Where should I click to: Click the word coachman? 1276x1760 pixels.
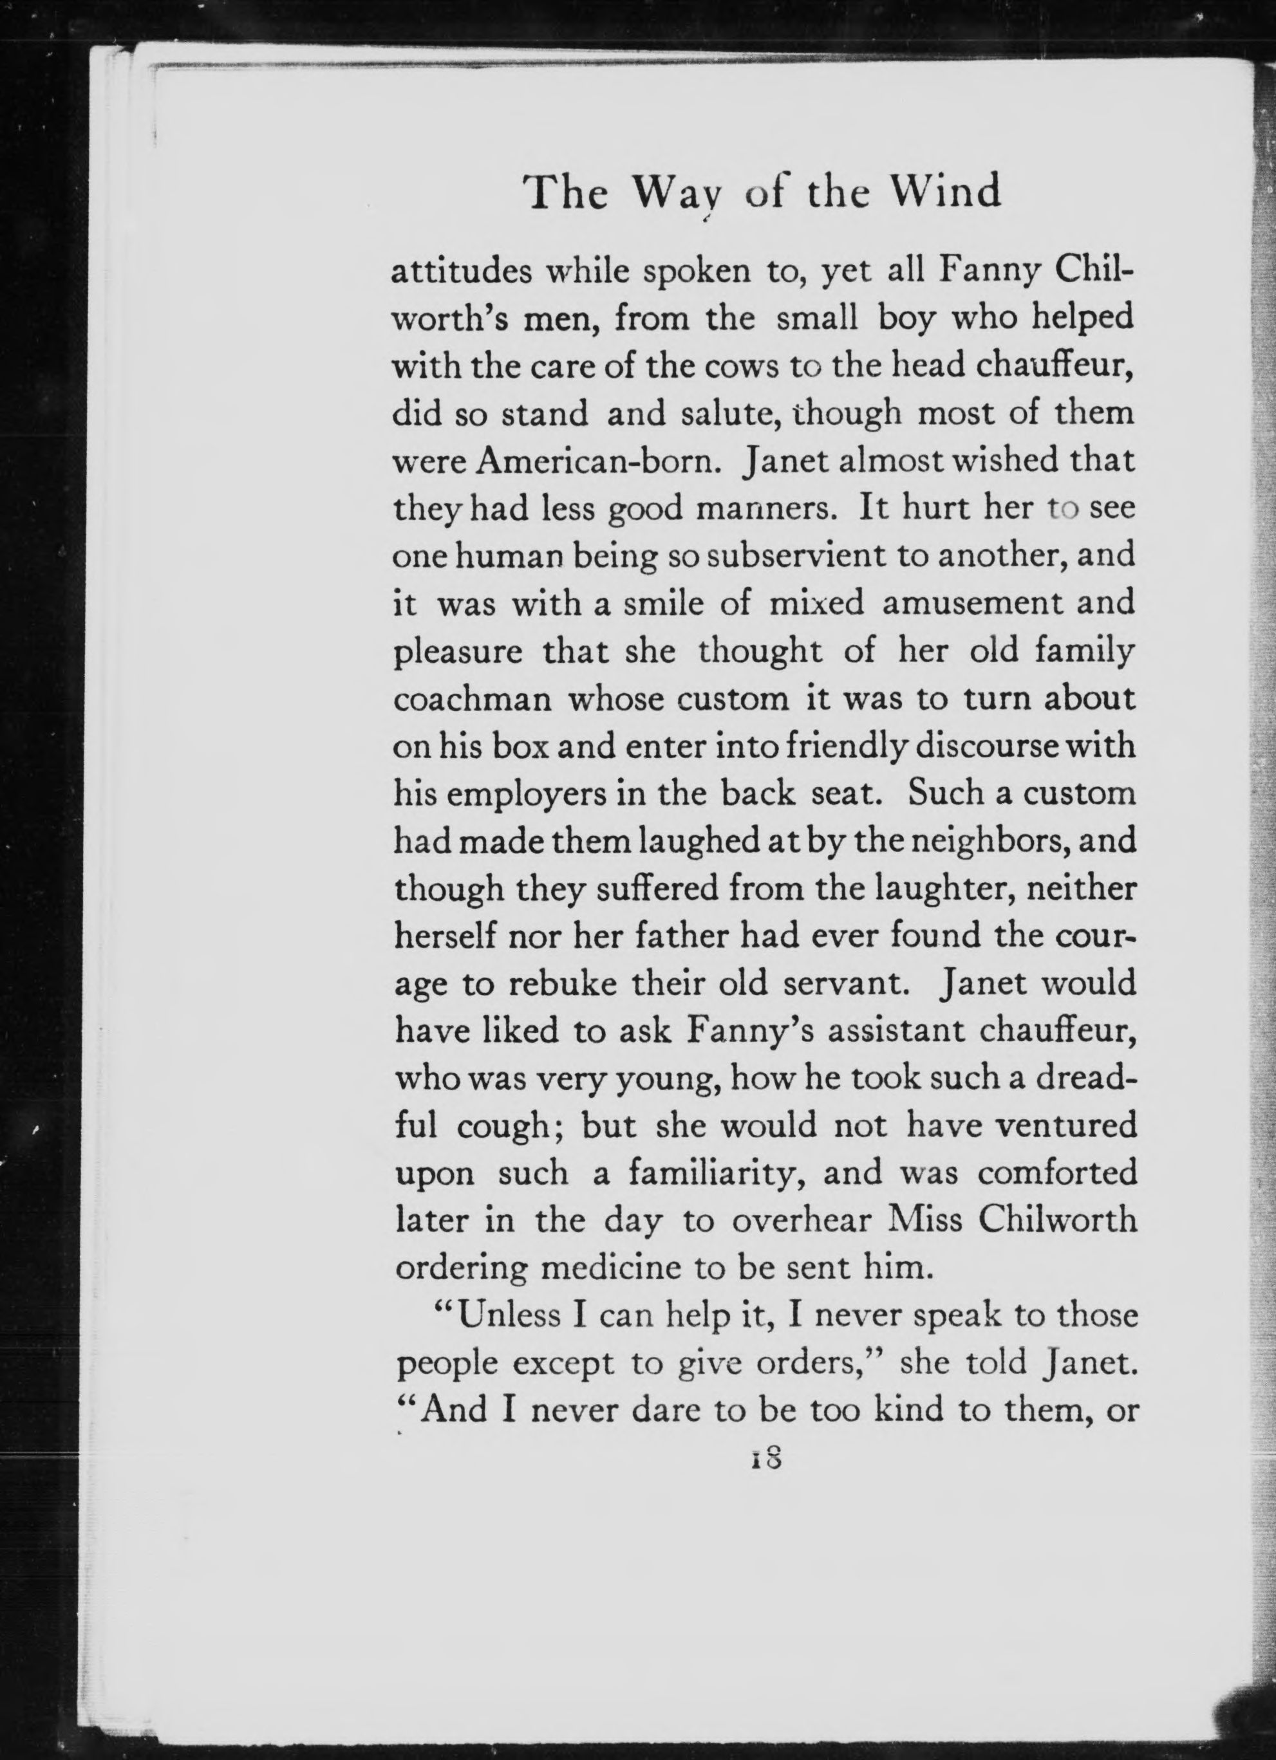point(473,699)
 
